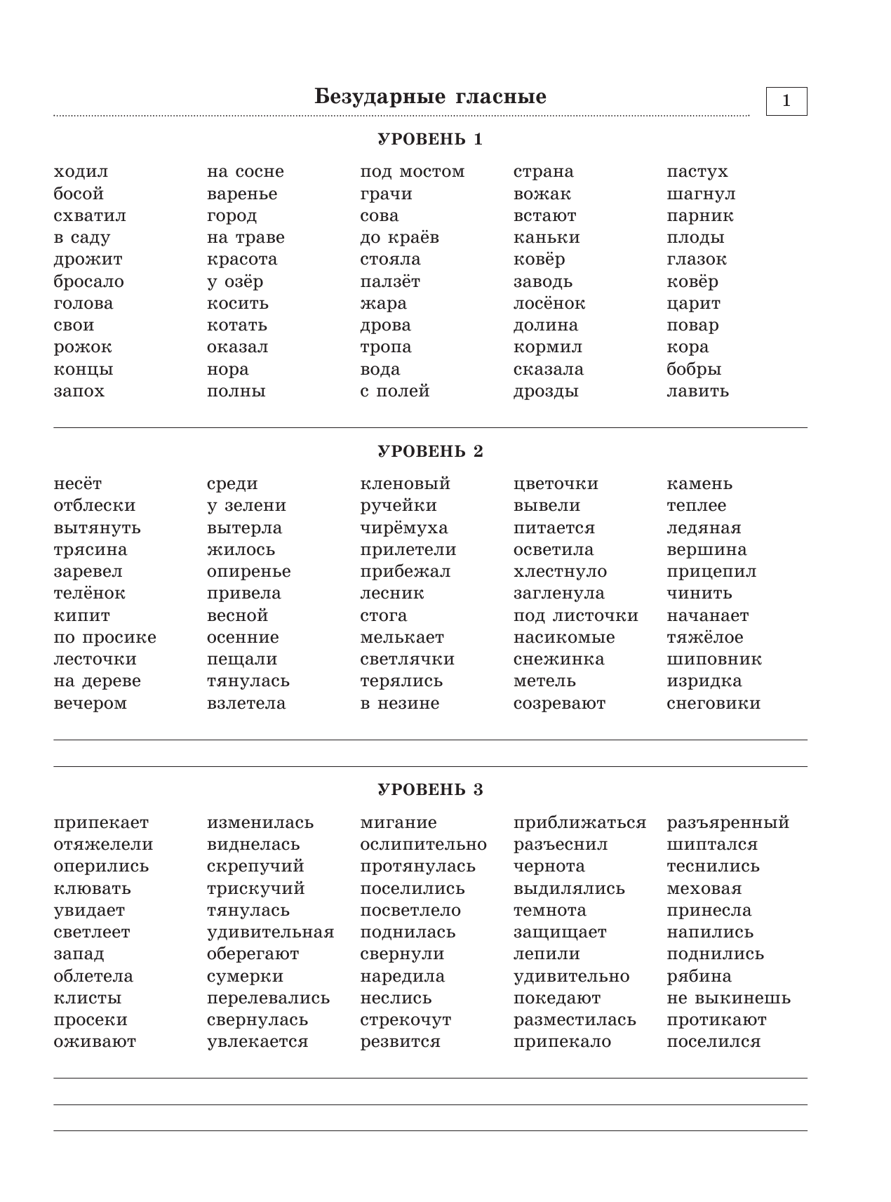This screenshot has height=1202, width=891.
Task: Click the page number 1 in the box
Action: (786, 101)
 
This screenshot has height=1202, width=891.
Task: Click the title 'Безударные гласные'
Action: (430, 97)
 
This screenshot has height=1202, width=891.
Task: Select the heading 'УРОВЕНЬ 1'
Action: (430, 139)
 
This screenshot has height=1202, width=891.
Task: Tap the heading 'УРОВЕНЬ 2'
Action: (430, 451)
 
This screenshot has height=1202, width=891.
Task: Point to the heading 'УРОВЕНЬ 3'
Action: (430, 789)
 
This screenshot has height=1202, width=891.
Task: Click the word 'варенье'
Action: (242, 194)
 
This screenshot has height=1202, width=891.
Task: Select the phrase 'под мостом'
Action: (412, 172)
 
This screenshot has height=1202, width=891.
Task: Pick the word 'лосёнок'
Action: (549, 303)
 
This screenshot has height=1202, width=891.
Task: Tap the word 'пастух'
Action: (697, 172)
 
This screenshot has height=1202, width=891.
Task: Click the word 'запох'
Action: (79, 391)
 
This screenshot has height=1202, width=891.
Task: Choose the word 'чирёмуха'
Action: (403, 528)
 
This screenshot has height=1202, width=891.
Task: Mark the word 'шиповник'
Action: (714, 659)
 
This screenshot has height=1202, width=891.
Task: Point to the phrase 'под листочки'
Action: (575, 615)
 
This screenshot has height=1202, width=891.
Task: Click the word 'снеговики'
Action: (713, 703)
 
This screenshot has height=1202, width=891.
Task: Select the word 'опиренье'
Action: (248, 572)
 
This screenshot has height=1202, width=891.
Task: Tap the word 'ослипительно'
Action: (423, 844)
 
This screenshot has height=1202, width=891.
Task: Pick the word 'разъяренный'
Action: (728, 822)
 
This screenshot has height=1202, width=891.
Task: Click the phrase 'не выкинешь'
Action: (728, 998)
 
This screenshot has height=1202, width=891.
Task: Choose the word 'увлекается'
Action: (257, 1042)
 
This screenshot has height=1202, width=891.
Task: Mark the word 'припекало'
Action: (562, 1042)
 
